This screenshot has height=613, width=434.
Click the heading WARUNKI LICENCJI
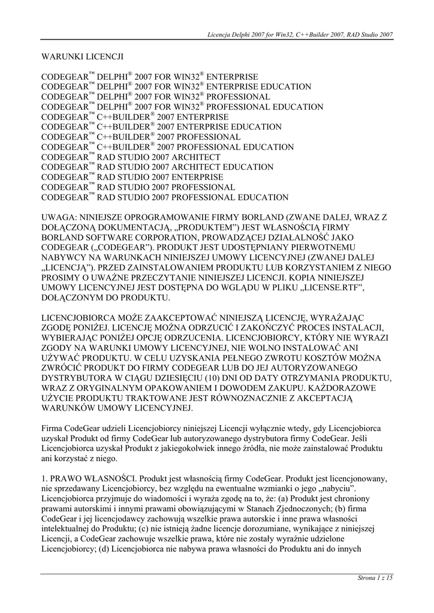82,57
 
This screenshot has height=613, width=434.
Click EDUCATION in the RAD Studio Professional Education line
263,198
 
